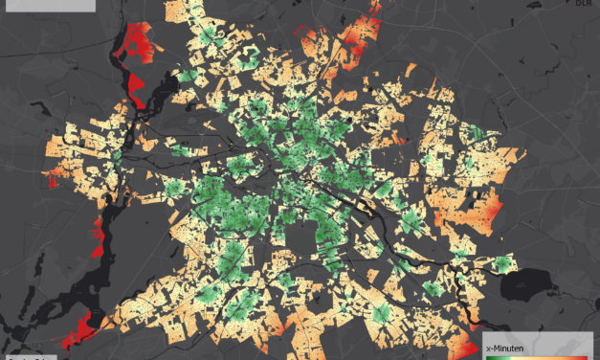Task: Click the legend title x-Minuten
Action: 508,348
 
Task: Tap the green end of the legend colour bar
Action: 491,357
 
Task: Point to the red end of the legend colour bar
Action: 586,357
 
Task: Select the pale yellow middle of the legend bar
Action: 538,357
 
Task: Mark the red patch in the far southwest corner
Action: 81,330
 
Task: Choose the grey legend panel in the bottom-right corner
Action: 540,346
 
